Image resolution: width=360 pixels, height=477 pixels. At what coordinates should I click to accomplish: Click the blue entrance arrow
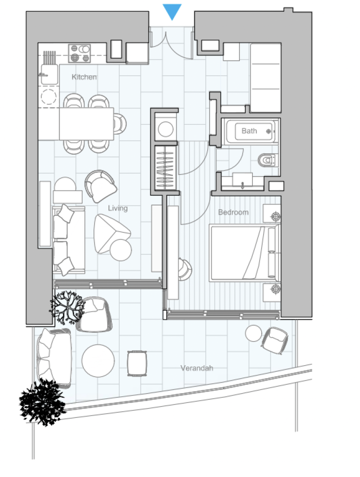tap(172, 12)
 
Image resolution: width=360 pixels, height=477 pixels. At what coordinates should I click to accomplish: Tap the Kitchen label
tap(84, 77)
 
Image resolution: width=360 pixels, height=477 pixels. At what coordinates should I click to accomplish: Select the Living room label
tap(118, 208)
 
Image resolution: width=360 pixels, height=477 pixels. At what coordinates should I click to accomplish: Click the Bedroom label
tap(233, 212)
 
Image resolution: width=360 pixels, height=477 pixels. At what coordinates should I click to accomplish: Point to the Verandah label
tap(197, 368)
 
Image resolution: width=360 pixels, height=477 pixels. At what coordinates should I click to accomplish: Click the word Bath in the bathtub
tap(249, 131)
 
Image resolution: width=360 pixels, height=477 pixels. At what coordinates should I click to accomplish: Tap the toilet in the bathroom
tap(268, 160)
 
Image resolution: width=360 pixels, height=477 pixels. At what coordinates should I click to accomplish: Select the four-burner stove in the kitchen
tap(79, 53)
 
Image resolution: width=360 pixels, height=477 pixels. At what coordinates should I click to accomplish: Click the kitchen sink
tap(48, 74)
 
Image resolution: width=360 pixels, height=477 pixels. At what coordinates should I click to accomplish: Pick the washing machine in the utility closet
tap(166, 129)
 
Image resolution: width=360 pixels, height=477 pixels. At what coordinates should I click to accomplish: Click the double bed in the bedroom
tap(245, 252)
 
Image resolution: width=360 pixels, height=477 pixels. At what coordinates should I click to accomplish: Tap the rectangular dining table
tap(86, 123)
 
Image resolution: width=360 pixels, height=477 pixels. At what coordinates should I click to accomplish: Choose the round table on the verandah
tap(98, 361)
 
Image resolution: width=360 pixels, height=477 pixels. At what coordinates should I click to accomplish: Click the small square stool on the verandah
tap(137, 363)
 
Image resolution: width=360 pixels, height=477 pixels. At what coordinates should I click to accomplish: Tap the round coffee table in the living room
tap(121, 250)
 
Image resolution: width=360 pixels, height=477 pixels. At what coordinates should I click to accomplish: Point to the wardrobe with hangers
tap(166, 168)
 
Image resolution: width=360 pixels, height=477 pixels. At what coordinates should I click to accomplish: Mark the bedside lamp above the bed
tap(276, 217)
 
